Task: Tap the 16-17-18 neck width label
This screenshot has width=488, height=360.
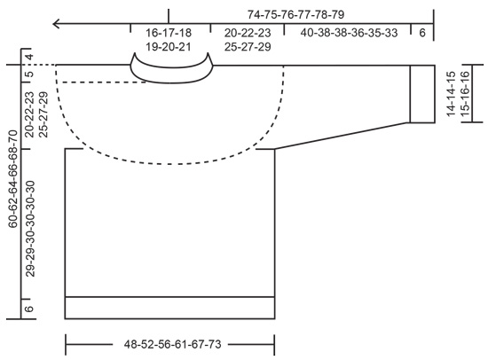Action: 169,33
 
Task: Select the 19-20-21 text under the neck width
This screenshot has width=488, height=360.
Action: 169,46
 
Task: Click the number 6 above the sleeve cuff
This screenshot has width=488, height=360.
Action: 421,33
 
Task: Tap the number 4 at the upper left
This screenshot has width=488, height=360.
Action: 29,59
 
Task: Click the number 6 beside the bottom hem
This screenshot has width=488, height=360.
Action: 29,308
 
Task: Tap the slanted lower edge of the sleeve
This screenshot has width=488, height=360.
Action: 342,136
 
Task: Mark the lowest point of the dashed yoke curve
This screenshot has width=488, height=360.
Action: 169,162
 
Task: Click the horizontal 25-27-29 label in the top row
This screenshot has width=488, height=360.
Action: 248,46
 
